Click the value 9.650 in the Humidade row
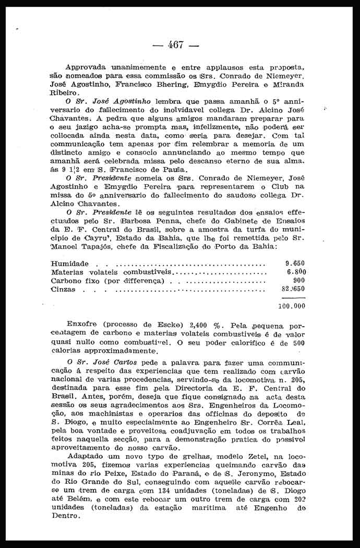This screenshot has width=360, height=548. point(295,263)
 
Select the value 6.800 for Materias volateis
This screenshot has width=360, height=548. point(296,272)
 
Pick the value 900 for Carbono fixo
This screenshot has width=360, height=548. point(299,281)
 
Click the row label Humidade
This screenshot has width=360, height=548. point(70,264)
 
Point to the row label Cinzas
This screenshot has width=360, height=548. point(63,289)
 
